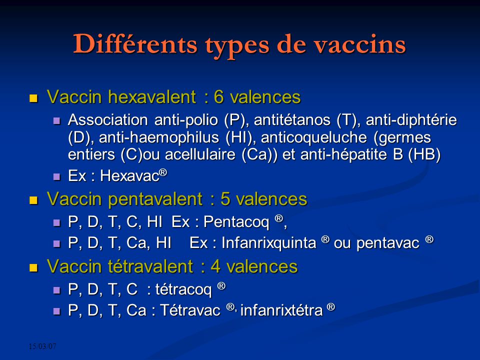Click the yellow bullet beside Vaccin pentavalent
33,200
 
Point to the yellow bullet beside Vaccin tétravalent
33,267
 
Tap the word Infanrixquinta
268,243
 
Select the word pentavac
386,243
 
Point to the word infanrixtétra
281,311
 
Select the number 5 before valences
225,199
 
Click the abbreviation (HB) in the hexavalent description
424,154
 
